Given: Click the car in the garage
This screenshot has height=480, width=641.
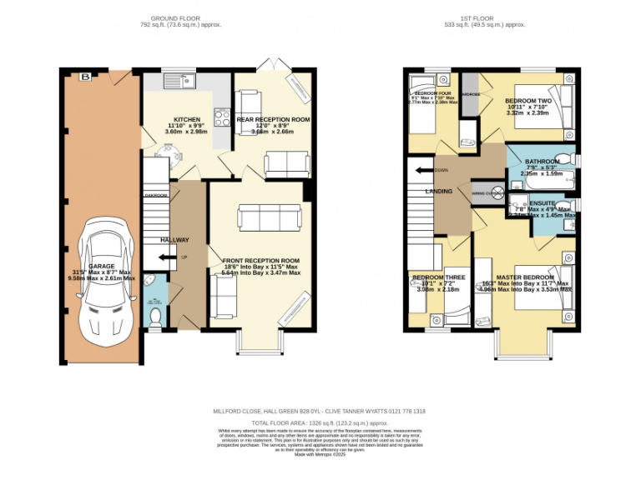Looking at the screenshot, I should coord(101,279).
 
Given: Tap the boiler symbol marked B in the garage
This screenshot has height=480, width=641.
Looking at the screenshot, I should coord(84,77).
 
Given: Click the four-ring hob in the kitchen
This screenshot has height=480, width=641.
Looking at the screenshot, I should coord(223,118).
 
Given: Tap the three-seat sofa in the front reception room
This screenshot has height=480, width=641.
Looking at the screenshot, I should coord(268,218).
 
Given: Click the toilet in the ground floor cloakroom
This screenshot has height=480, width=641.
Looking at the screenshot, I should coord(156,315).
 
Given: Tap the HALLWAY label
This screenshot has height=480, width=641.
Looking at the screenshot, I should coord(175,240).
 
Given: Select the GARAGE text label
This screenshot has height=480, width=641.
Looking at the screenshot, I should coord(102,266).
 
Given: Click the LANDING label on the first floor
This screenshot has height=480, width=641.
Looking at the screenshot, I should coord(439,192).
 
